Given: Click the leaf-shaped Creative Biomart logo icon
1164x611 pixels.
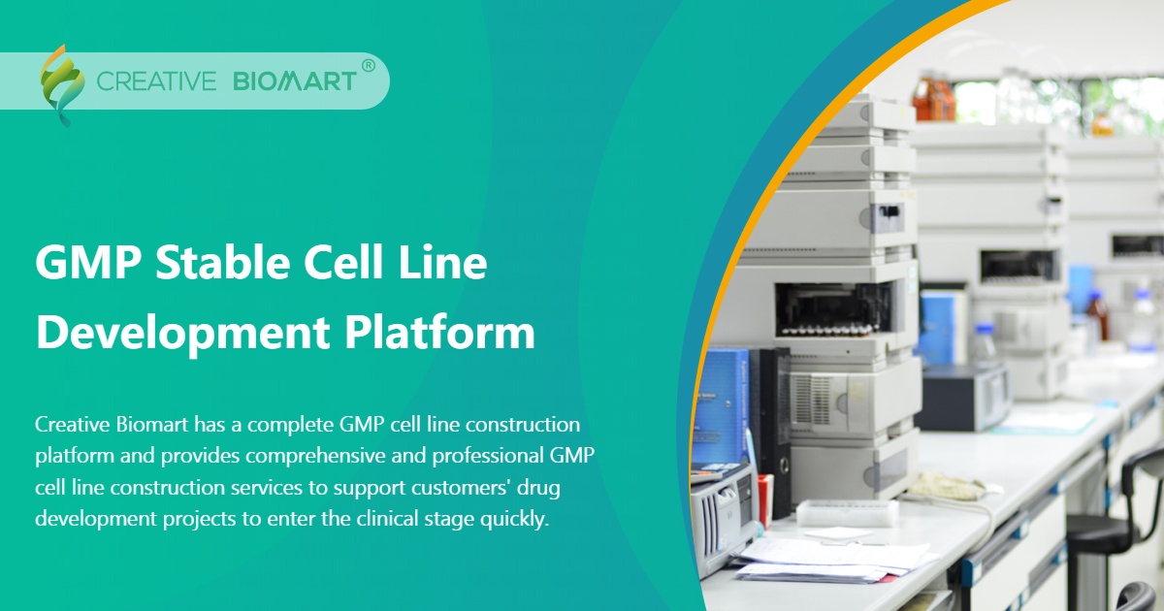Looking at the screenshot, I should tap(61, 84).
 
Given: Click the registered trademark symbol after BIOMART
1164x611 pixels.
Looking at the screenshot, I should tap(368, 66).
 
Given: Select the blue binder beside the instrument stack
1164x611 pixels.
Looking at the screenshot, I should tap(723, 407).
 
